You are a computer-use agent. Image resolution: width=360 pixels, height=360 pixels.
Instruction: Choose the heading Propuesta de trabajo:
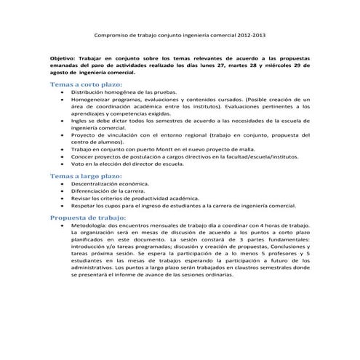pyautogui.click(x=87, y=217)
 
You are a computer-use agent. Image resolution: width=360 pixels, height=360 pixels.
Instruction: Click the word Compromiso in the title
pyautogui.click(x=113, y=34)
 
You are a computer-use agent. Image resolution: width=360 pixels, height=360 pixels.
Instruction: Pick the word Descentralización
pyautogui.click(x=98, y=185)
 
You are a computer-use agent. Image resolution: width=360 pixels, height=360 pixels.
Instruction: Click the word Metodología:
pyautogui.click(x=90, y=226)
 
